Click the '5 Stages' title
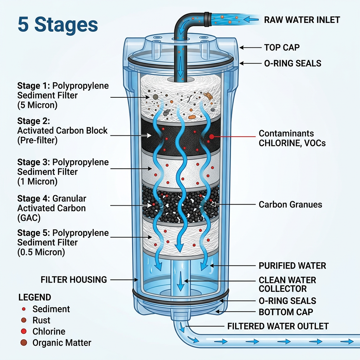[58, 25]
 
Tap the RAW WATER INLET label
[302, 20]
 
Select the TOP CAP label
[282, 47]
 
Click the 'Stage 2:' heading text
[34, 121]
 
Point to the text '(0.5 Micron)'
[41, 252]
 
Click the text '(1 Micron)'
[37, 182]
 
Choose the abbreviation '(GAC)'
[29, 218]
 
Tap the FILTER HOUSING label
[74, 280]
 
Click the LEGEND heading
[34, 297]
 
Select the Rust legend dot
[24, 320]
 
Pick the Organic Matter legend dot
[24, 343]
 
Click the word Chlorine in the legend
[49, 332]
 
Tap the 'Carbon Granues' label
[290, 205]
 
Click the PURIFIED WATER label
[292, 265]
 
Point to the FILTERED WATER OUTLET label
[278, 326]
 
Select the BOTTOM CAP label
[286, 312]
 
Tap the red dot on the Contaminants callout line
[211, 136]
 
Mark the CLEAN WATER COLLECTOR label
[287, 284]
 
